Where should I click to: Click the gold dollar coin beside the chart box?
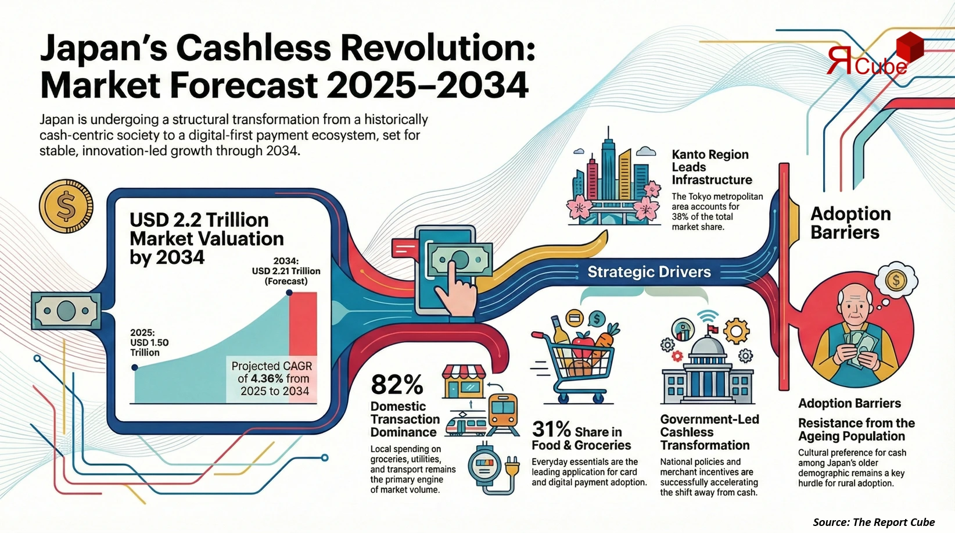(x=66, y=206)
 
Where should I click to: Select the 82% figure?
(x=397, y=385)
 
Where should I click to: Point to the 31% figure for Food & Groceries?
(x=551, y=429)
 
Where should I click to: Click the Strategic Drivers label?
(x=649, y=272)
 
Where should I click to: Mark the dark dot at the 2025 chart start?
(x=135, y=367)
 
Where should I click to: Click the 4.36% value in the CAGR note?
(x=267, y=378)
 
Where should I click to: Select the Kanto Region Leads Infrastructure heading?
(x=711, y=167)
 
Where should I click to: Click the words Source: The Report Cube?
(x=874, y=522)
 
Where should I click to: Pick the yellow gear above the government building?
(x=736, y=331)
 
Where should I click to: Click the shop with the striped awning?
(x=464, y=381)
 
